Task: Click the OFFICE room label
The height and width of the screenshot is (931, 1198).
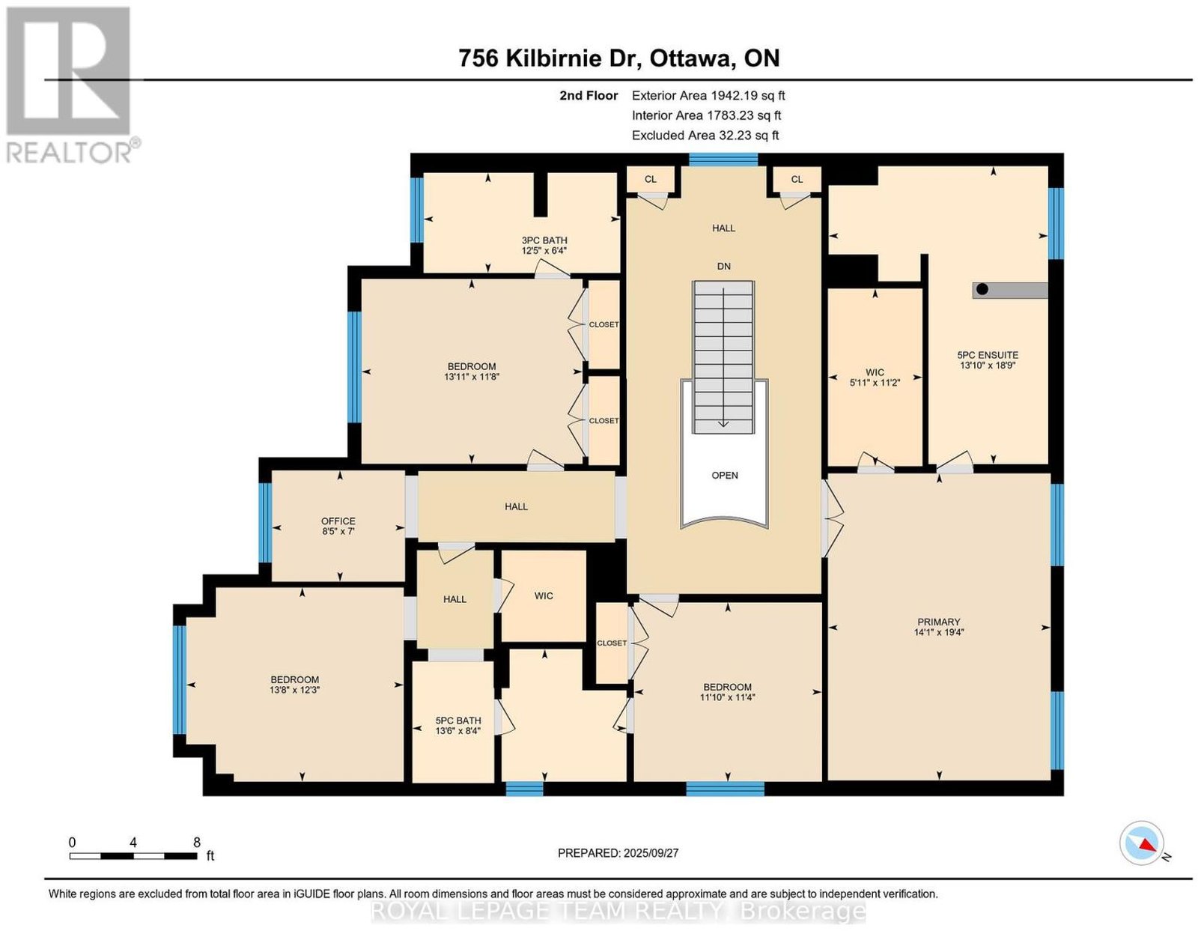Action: click(x=338, y=521)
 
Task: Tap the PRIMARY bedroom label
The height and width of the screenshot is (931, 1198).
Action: click(x=938, y=622)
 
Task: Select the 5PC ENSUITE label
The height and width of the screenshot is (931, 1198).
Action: click(x=988, y=355)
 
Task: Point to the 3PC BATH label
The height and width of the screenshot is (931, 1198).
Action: click(x=544, y=240)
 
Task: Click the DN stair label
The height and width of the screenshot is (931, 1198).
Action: click(x=724, y=266)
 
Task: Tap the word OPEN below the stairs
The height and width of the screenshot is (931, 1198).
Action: click(x=725, y=475)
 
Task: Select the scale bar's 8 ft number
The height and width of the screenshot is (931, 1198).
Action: click(x=197, y=843)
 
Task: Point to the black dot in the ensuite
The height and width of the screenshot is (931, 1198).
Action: click(x=982, y=289)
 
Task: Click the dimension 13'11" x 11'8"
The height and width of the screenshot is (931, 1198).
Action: click(x=472, y=377)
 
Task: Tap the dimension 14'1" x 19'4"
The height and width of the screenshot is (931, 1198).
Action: click(x=938, y=632)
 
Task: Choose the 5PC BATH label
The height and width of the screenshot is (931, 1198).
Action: click(x=458, y=721)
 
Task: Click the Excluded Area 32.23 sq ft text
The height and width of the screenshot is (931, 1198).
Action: click(x=705, y=135)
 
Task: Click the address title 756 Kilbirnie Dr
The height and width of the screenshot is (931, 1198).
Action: click(x=550, y=58)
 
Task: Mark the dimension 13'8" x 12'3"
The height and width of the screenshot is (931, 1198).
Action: click(x=294, y=690)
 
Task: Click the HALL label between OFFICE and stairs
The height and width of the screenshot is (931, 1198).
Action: click(x=516, y=506)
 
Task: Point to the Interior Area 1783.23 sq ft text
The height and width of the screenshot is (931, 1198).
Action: click(x=706, y=115)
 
